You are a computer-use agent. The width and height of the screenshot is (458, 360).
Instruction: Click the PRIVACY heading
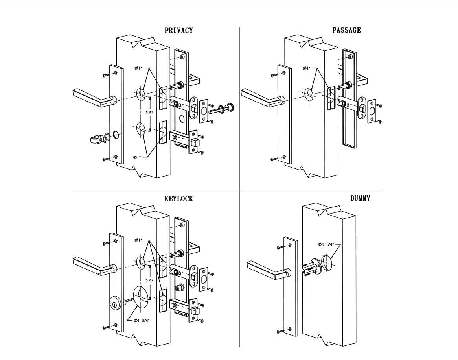tap(179, 30)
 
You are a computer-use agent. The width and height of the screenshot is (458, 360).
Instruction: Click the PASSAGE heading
tap(346, 30)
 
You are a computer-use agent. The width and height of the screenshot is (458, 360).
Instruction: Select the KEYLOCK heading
tap(179, 199)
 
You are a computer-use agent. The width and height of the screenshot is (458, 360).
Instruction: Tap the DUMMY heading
tap(360, 198)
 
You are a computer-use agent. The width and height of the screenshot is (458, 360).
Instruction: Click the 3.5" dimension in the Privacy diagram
tap(149, 112)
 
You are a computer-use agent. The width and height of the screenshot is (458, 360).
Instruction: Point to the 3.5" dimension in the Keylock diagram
tap(149, 281)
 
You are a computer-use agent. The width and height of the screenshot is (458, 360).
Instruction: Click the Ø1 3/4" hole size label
tap(142, 321)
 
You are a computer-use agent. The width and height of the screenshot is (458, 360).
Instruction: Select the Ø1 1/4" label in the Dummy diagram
tap(326, 244)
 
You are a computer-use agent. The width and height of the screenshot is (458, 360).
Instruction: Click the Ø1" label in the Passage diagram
tap(306, 68)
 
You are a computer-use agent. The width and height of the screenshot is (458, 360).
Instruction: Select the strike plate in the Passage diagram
tap(372, 112)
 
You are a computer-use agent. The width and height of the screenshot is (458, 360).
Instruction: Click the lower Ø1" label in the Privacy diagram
tap(137, 157)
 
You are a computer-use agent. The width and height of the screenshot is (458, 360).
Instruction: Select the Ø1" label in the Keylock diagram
tap(138, 240)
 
